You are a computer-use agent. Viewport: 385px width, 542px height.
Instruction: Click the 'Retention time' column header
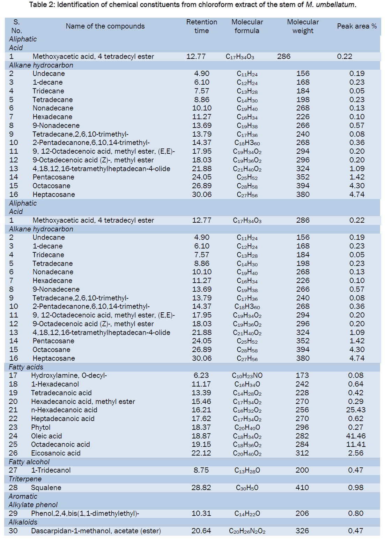pyautogui.click(x=201, y=26)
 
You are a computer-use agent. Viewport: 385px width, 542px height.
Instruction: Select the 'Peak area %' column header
pyautogui.click(x=356, y=26)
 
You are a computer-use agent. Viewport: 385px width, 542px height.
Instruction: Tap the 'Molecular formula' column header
pyautogui.click(x=247, y=26)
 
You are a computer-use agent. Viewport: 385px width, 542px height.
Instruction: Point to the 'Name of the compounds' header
pyautogui.click(x=105, y=26)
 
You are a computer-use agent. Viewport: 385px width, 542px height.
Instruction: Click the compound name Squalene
pyautogui.click(x=46, y=488)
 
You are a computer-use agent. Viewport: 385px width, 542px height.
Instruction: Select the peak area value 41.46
pyautogui.click(x=356, y=436)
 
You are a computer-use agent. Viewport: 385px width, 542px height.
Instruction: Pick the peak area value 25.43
pyautogui.click(x=356, y=410)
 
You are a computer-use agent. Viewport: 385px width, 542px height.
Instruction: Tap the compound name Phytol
pyautogui.click(x=41, y=427)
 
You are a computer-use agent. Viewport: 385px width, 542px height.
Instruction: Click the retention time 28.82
pyautogui.click(x=201, y=488)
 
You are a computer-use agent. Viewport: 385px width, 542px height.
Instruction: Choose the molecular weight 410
pyautogui.click(x=302, y=488)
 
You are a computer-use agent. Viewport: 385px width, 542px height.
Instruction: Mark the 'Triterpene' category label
pyautogui.click(x=25, y=479)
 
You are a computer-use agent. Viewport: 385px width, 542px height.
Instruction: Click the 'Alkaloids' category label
pyautogui.click(x=23, y=522)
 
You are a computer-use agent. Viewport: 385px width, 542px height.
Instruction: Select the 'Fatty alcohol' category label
pyautogui.click(x=29, y=462)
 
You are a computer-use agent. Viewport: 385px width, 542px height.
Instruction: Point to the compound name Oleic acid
pyautogui.click(x=46, y=436)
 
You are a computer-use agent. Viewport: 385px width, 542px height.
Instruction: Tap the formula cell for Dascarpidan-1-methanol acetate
pyautogui.click(x=247, y=531)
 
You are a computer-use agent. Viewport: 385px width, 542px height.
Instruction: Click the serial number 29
pyautogui.click(x=13, y=513)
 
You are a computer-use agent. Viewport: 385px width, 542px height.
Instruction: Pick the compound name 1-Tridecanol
pyautogui.click(x=51, y=470)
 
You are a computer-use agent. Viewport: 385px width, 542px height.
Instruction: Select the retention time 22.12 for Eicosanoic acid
pyautogui.click(x=201, y=453)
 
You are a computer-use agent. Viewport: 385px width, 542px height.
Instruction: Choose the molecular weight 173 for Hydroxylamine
pyautogui.click(x=302, y=375)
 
